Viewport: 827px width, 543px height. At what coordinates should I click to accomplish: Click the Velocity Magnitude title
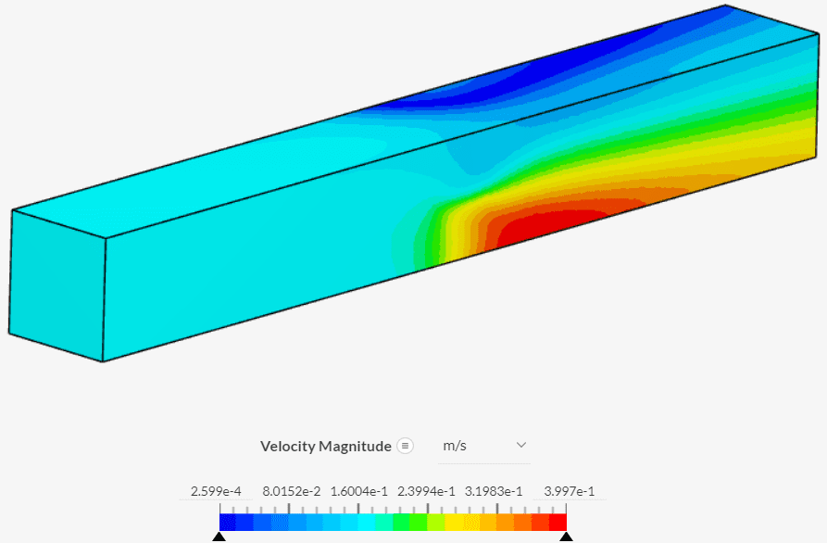pyautogui.click(x=326, y=447)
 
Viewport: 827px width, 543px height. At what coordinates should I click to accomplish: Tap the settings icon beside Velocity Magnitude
pyautogui.click(x=405, y=446)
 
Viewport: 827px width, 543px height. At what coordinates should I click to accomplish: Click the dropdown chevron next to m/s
pyautogui.click(x=520, y=446)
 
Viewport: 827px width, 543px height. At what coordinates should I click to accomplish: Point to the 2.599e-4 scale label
pyautogui.click(x=215, y=491)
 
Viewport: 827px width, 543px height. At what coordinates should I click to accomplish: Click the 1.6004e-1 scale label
pyautogui.click(x=358, y=491)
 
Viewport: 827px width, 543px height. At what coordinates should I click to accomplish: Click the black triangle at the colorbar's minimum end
pyautogui.click(x=219, y=537)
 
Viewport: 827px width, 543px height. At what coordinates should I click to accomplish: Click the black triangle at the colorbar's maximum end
pyautogui.click(x=566, y=537)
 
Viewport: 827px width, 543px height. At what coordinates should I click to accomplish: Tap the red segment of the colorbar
pyautogui.click(x=558, y=523)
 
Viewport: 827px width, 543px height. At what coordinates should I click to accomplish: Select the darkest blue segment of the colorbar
pyautogui.click(x=228, y=523)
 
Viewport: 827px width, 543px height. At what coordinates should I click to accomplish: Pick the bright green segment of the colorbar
pyautogui.click(x=402, y=523)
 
